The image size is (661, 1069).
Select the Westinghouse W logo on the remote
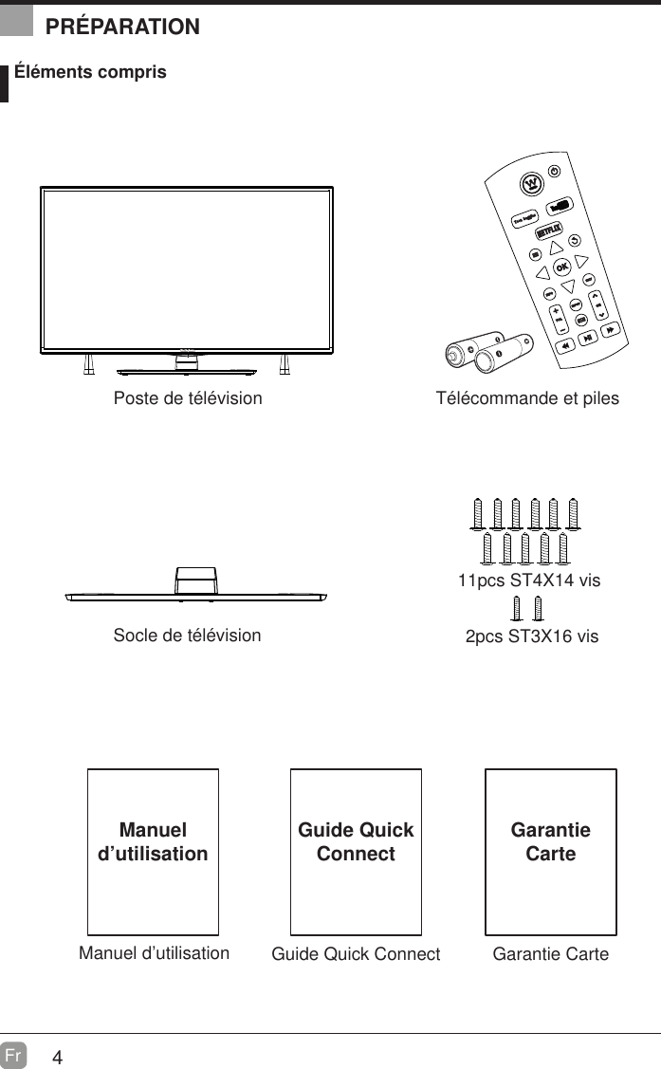point(532,181)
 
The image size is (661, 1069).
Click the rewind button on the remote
point(564,347)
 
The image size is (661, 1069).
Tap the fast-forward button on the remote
point(612,328)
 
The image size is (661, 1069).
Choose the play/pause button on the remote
point(589,338)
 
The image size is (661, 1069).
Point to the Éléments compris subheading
point(90,72)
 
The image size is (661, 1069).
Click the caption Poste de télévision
point(188,398)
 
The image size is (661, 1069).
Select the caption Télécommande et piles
point(526,398)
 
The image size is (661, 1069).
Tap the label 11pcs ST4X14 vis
point(528,581)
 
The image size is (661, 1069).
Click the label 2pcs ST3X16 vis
point(531,636)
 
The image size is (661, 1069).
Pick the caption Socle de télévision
point(187,635)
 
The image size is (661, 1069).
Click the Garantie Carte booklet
point(550,851)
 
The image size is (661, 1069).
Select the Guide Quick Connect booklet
point(356,851)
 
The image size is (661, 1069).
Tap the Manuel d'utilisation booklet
point(153,851)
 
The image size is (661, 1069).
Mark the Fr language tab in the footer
point(13,1055)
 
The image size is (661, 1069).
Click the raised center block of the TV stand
point(196,581)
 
